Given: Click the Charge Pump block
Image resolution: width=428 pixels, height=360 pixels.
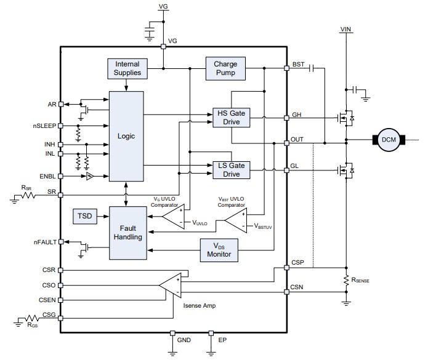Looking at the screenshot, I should pos(225,68).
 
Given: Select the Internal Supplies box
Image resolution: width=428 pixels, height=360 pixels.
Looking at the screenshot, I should pos(127,68).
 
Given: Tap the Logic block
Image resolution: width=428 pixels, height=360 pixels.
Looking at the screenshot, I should pos(126,136).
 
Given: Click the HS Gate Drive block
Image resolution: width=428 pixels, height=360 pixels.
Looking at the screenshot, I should pos(231,118).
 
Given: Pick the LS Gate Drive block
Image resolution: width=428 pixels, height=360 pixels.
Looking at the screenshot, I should pos(231,170).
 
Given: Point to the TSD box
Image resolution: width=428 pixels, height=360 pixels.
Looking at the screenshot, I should pos(84,216).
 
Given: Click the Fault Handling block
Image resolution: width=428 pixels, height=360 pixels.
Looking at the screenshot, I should pos(127,232).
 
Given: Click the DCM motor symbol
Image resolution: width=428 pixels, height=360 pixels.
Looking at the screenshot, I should pos(389,140).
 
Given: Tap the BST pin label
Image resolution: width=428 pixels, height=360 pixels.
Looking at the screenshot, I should pos(298,64).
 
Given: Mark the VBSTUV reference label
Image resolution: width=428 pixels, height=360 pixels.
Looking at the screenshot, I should pos(265,226).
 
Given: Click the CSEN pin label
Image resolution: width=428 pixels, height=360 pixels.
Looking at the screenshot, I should pos(46,300).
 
